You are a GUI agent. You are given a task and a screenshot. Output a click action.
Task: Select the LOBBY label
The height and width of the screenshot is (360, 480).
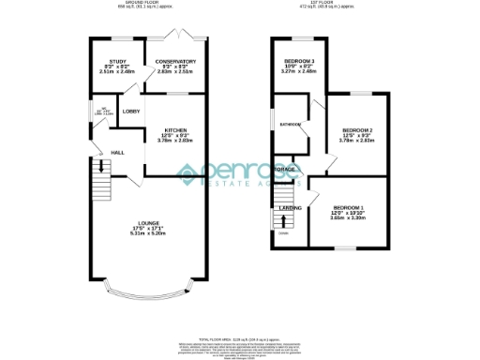click(x=130, y=112)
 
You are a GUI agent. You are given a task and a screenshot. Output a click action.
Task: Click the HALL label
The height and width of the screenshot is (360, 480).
click(x=118, y=152)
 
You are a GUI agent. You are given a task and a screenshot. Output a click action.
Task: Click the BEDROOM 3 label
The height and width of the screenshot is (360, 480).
click(x=300, y=61)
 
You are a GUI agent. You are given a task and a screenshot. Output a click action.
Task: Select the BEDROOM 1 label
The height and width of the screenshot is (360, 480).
click(x=349, y=206)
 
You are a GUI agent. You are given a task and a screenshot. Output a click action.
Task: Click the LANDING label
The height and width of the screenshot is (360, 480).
click(x=292, y=208)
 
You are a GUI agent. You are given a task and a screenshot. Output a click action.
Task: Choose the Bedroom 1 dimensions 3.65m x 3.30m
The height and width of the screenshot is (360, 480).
click(x=349, y=217)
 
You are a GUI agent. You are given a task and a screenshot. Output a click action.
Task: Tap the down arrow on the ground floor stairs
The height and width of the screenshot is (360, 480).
click(x=98, y=169)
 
